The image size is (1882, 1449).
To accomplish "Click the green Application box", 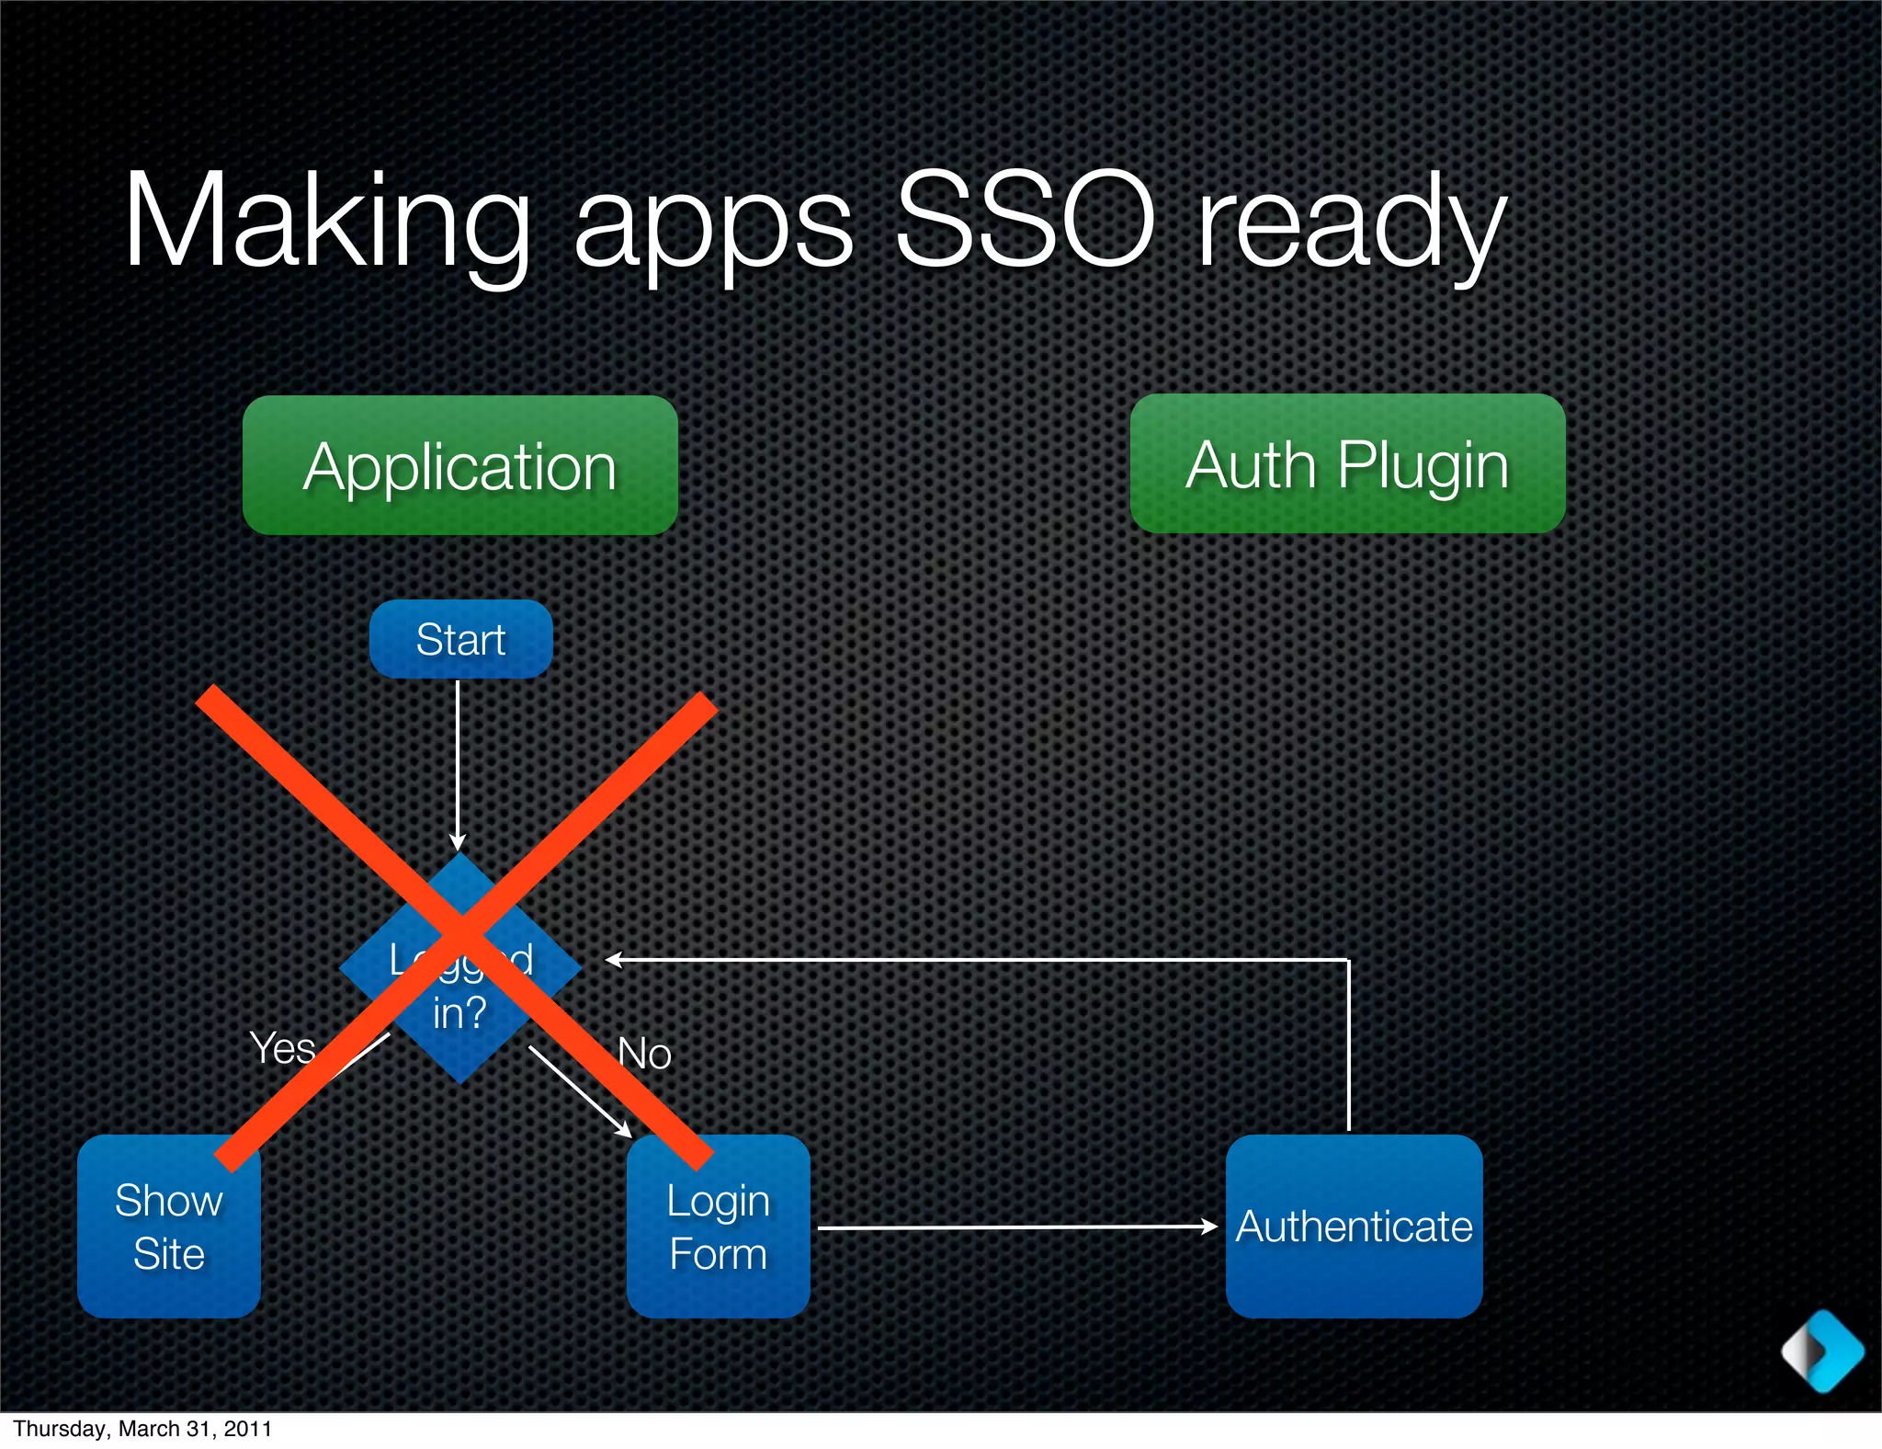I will [x=459, y=465].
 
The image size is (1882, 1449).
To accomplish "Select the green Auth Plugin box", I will [x=1347, y=463].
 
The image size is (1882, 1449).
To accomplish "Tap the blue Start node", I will [x=460, y=639].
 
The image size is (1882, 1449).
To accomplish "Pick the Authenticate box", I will [x=1354, y=1227].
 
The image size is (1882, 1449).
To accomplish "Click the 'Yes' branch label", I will [x=282, y=1048].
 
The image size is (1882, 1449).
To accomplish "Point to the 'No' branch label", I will [x=644, y=1054].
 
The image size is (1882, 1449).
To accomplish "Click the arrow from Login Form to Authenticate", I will [x=1011, y=1227].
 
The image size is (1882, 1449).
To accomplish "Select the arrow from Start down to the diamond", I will [x=458, y=763].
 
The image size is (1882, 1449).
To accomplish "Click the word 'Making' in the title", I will [x=326, y=222].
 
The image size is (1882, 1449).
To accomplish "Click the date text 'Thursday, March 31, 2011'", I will [x=142, y=1429].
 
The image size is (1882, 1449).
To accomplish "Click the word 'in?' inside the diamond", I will [x=459, y=1013].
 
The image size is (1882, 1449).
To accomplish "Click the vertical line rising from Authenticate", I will [x=1348, y=1044].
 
